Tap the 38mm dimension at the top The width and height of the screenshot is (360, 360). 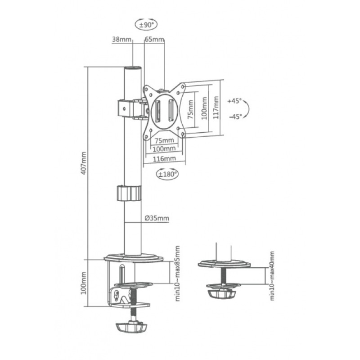click(121, 40)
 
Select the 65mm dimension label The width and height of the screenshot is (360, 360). click(154, 40)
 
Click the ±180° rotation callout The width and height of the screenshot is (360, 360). click(167, 173)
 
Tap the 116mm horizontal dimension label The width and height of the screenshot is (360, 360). click(164, 158)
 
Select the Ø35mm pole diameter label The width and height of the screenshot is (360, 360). click(157, 219)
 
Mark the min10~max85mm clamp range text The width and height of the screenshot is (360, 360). click(177, 274)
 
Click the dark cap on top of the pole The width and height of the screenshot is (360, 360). click(133, 69)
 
